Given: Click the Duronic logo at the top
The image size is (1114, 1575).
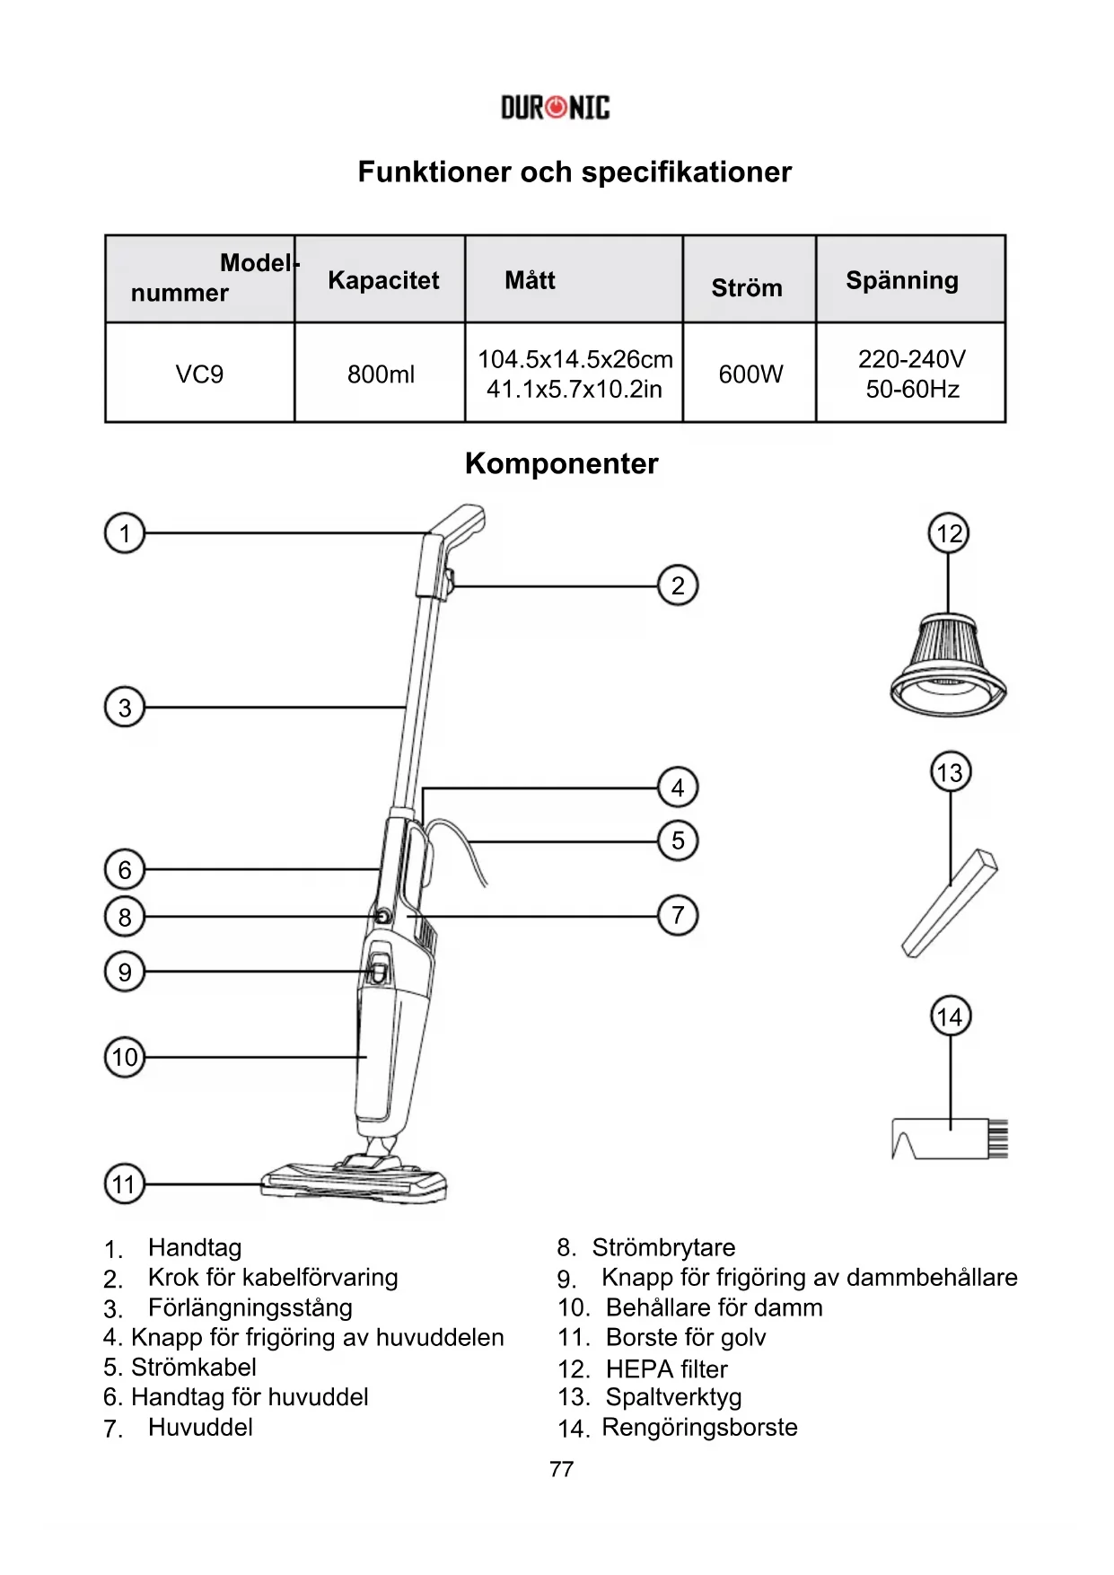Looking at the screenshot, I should pos(555,109).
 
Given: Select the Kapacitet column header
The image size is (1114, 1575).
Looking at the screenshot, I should pos(383,280).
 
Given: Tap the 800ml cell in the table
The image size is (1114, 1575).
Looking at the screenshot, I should pos(381,374).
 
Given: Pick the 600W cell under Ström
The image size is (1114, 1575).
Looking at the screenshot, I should pos(750,374).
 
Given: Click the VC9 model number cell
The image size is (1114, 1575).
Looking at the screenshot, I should pos(199,374).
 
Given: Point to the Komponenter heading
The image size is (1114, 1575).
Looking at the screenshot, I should pos(561,463).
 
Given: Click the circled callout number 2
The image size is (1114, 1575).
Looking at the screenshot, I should pos(678,585).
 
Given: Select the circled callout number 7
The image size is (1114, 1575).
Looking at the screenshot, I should pos(678,916).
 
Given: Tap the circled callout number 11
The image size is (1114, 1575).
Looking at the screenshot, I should pos(124,1184).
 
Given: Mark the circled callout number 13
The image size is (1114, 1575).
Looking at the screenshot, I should pos(949,772).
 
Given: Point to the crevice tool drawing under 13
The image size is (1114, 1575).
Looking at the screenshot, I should pos(950,904).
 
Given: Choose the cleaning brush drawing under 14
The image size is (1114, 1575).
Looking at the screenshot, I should pos(950,1139).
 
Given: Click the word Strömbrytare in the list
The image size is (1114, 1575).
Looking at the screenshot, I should pos(663,1247).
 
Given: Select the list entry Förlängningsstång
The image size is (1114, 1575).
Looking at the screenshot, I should pos(250,1307).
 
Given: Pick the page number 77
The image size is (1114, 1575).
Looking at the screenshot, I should pos(561,1469).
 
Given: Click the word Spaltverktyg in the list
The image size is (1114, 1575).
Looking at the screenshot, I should pos(673,1397).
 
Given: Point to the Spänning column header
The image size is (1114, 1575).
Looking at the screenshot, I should pos(901,280).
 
